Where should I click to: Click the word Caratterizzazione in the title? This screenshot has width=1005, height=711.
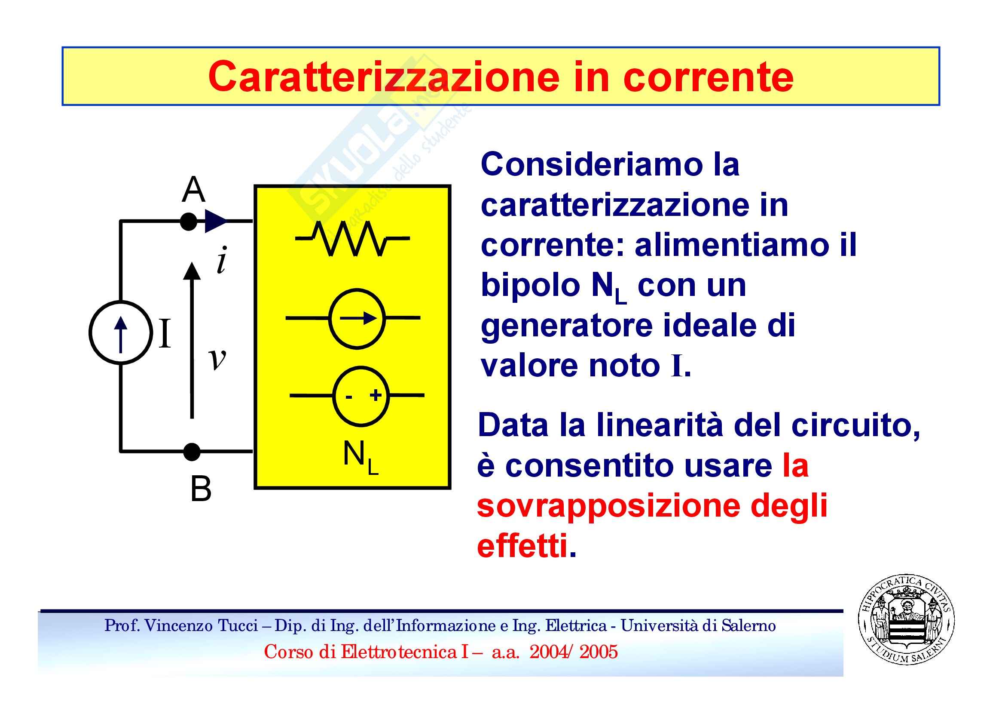[x=383, y=77]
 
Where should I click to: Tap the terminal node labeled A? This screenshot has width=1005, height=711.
[x=189, y=222]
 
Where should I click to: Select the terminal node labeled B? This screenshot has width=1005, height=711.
[x=192, y=452]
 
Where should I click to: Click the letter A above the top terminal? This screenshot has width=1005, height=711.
[x=193, y=189]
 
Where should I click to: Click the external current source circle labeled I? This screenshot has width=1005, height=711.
[x=120, y=332]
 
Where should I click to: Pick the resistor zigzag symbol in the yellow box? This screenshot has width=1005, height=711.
[x=352, y=238]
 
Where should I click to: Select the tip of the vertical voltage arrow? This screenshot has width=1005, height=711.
[x=192, y=263]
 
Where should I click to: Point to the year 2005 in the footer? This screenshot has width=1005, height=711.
[x=599, y=652]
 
